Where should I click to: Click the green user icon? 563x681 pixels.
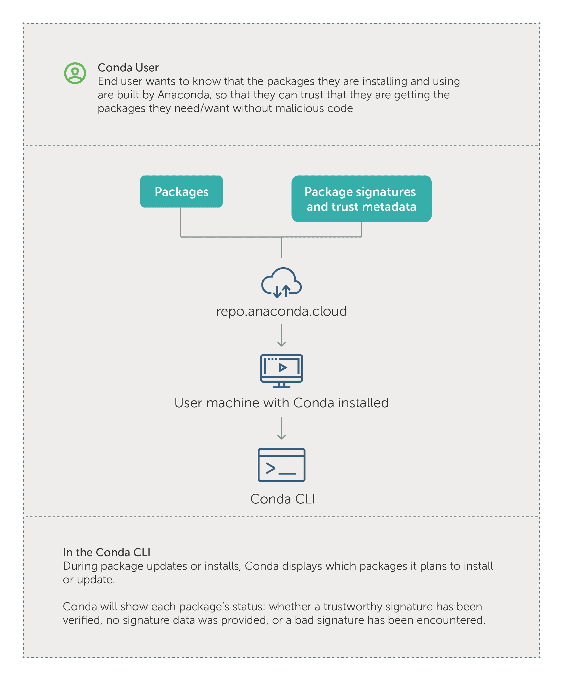75,73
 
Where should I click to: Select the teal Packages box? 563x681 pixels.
181,192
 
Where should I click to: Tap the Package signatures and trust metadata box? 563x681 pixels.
361,199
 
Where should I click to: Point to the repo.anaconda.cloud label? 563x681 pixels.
281,311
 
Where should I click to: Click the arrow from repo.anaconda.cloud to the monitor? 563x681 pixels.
281,335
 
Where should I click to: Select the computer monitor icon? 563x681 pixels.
281,371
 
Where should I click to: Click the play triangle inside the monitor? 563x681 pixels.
283,367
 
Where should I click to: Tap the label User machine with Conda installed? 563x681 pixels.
281,403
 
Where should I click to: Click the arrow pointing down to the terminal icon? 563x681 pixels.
281,428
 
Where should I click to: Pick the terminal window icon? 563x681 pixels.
281,465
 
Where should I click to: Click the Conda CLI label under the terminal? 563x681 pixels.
283,499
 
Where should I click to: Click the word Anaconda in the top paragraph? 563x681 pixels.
184,95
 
